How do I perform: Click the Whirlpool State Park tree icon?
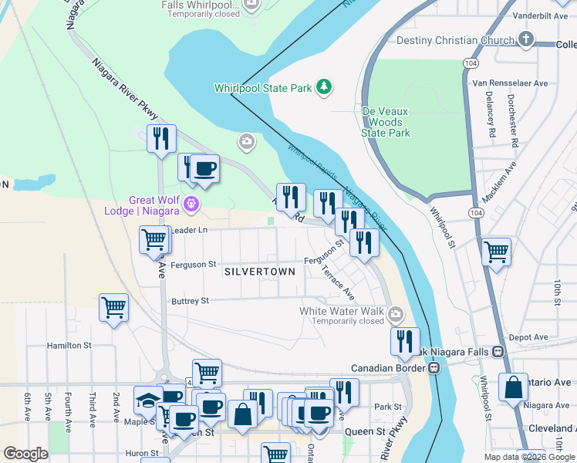pyautogui.click(x=325, y=87)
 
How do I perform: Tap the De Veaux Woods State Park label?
pyautogui.click(x=386, y=122)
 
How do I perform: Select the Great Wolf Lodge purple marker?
pyautogui.click(x=191, y=204)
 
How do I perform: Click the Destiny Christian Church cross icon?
pyautogui.click(x=526, y=39)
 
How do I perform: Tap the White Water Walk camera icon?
pyautogui.click(x=396, y=313)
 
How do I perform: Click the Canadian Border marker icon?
pyautogui.click(x=435, y=368)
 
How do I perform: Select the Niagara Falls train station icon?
pyautogui.click(x=499, y=352)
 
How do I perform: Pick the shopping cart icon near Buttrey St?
pyautogui.click(x=114, y=306)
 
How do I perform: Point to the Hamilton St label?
pyautogui.click(x=69, y=346)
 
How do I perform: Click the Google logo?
pyautogui.click(x=25, y=454)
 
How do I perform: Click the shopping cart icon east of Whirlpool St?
pyautogui.click(x=497, y=251)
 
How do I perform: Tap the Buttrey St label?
pyautogui.click(x=191, y=301)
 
